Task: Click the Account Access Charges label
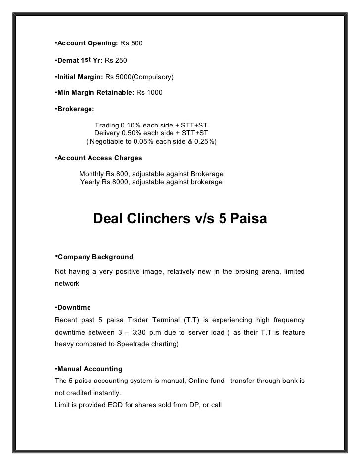tap(99, 159)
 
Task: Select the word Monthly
tap(92, 174)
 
